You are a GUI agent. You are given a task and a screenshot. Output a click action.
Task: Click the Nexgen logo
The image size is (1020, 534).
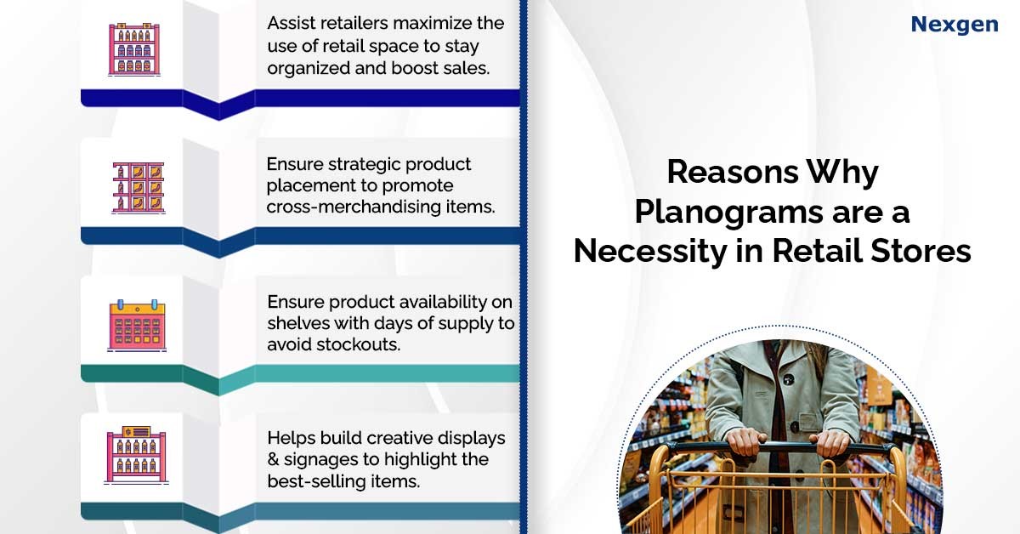[955, 25]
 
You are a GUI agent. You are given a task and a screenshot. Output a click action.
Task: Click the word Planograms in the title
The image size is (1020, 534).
[729, 213]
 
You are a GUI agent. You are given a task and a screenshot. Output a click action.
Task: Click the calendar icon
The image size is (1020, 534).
[137, 326]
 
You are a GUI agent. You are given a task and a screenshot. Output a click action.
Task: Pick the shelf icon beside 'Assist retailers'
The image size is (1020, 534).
[134, 49]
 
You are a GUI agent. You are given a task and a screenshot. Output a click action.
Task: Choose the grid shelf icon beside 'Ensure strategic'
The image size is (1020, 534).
[139, 188]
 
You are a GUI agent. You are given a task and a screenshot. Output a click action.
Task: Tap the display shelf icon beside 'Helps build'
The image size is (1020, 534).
[136, 455]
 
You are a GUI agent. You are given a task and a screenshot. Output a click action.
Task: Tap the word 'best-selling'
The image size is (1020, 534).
[314, 481]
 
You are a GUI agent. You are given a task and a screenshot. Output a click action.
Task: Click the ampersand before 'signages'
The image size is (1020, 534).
[273, 459]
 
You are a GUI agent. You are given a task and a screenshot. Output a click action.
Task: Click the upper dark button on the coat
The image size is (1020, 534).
[789, 379]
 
